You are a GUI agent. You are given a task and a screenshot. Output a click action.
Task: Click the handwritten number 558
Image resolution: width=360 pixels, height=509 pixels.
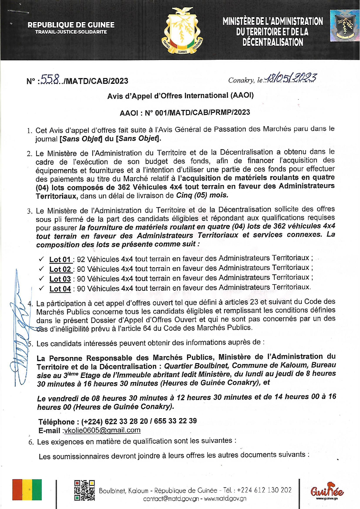50,79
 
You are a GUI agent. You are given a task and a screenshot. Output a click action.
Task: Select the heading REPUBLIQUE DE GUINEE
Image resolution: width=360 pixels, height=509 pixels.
71,25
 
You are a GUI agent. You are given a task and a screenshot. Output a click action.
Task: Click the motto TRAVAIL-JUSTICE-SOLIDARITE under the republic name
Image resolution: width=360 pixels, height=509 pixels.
71,32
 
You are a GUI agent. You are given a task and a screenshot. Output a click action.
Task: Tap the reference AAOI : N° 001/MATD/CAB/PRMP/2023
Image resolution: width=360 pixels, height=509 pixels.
185,113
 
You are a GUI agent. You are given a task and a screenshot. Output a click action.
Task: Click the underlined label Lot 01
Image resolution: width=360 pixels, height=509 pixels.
60,259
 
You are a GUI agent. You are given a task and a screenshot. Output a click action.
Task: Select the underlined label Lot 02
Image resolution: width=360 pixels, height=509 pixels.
60,269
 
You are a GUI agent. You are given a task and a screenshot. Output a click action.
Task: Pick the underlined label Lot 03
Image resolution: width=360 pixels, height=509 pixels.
60,279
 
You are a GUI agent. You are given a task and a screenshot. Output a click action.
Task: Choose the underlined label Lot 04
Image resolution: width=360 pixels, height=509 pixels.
60,289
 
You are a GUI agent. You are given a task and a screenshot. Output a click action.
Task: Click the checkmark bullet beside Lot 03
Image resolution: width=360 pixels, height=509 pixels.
41,278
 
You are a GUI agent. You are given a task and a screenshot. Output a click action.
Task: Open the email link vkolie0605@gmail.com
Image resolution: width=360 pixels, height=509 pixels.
102,430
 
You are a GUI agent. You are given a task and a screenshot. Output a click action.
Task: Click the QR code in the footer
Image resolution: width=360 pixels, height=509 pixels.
84,490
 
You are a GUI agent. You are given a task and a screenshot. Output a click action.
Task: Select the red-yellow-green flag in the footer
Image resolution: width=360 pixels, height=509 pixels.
27,490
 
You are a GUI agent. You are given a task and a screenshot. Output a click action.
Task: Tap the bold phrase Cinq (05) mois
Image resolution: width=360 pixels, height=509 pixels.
202,195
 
